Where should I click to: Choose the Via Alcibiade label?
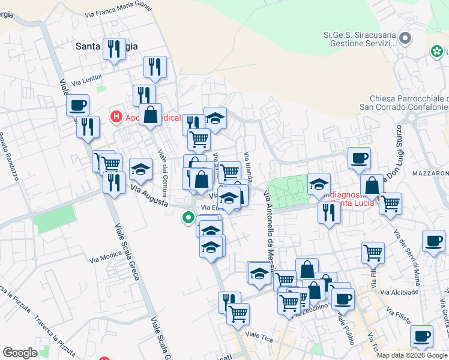(402, 292)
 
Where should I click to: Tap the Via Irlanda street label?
(248, 164)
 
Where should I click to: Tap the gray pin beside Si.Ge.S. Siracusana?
(405, 39)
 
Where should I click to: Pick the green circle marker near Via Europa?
(188, 218)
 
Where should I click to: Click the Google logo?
(20, 353)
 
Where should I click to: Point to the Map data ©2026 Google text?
(412, 355)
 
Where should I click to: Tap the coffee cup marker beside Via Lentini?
(77, 107)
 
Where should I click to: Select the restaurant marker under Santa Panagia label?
(113, 49)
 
